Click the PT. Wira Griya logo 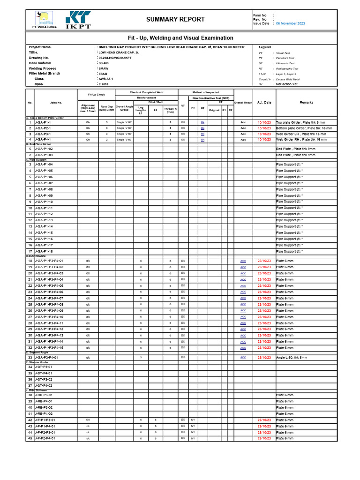click(42, 19)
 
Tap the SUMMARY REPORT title click(175, 19)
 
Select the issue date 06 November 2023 click(290, 23)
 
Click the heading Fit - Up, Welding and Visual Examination click(180, 38)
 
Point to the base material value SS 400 click(103, 63)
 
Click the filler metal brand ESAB click(103, 74)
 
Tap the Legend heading click(265, 47)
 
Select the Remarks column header click(306, 102)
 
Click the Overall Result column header click(243, 102)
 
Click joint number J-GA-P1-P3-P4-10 click(49, 317)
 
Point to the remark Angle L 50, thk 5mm click(292, 357)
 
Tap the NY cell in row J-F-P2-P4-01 click(193, 438)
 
